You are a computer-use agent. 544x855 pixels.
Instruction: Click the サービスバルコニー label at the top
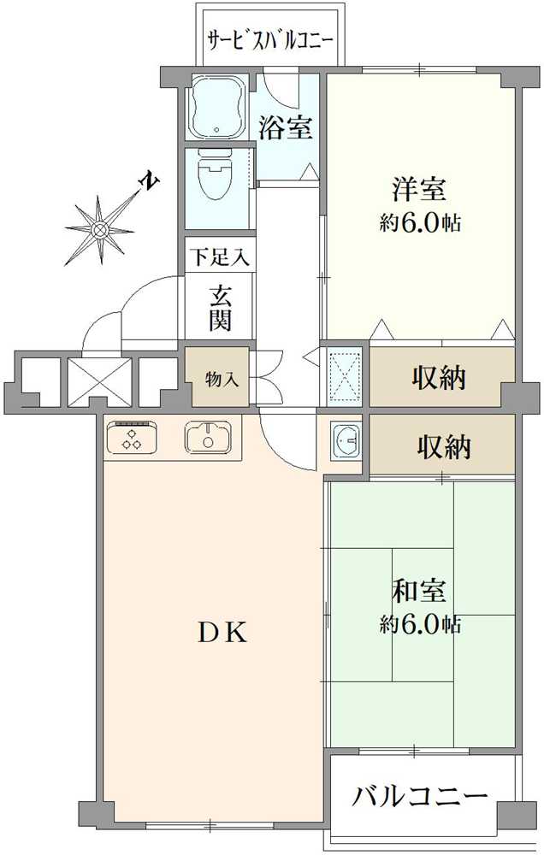(270, 39)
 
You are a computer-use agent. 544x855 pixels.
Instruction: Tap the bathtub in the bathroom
(216, 109)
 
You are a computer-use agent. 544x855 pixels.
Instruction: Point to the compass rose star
(99, 228)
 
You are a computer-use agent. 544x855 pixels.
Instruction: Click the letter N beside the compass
(149, 181)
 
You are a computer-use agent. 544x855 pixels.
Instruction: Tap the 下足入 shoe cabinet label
(219, 256)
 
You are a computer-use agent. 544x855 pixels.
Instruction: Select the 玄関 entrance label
(220, 309)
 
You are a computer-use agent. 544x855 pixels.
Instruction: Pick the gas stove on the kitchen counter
(132, 438)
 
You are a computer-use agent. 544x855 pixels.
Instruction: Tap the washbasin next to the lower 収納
(346, 441)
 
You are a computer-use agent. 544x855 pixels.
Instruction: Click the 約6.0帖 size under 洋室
(421, 224)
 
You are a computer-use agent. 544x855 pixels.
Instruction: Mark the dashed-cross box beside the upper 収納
(345, 374)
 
